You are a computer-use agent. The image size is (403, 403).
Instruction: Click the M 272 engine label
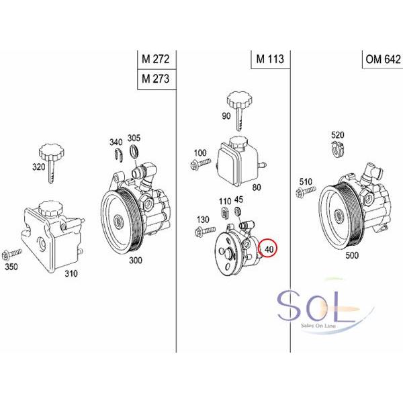point(156,59)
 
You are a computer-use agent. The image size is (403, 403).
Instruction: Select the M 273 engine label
point(156,79)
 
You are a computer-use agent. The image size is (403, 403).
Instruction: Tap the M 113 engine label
point(270,59)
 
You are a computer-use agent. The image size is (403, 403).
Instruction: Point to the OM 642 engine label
point(384,59)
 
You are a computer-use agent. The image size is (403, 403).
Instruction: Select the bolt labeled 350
point(12,254)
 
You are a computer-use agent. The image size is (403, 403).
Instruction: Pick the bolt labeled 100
point(200,163)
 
